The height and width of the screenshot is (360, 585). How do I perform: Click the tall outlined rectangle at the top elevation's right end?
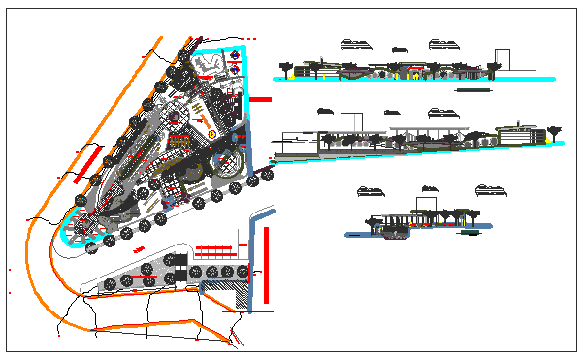(x=503, y=61)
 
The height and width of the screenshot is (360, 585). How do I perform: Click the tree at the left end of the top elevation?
(x=285, y=66)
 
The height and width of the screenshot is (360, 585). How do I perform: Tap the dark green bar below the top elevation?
(x=474, y=89)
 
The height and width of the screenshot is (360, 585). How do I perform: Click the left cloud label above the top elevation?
(x=354, y=42)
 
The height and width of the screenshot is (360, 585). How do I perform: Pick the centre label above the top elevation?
(x=398, y=49)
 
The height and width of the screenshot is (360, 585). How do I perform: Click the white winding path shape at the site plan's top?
(x=210, y=62)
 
